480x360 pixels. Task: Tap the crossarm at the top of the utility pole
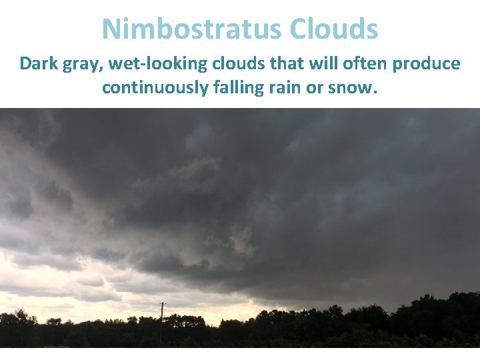pyautogui.click(x=161, y=305)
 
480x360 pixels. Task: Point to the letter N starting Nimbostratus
pyautogui.click(x=112, y=29)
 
